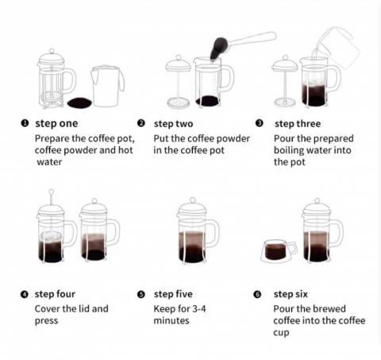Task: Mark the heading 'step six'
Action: click(291, 294)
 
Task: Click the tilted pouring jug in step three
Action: click(337, 48)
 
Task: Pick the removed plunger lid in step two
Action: click(179, 79)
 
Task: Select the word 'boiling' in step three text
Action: click(291, 149)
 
